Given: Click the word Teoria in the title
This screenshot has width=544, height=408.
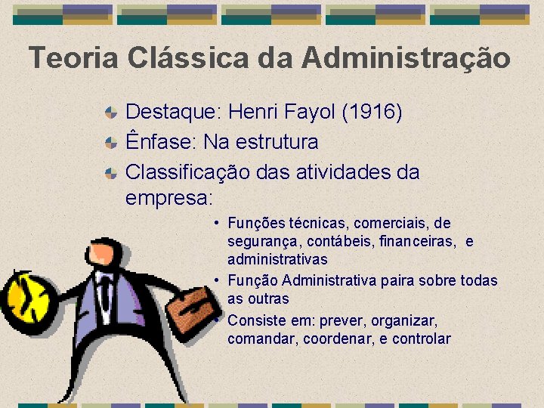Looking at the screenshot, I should pyautogui.click(x=73, y=58).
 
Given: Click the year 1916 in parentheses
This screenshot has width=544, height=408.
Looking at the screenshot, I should pyautogui.click(x=372, y=113).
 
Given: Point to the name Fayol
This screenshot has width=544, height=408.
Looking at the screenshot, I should pyautogui.click(x=310, y=113).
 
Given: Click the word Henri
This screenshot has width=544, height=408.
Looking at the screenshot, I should pyautogui.click(x=254, y=113).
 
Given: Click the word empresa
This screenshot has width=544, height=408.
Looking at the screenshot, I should pyautogui.click(x=168, y=197).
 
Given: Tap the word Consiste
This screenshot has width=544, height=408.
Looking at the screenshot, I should pyautogui.click(x=255, y=320).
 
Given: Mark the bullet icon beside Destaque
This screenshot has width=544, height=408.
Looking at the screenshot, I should pyautogui.click(x=110, y=113).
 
